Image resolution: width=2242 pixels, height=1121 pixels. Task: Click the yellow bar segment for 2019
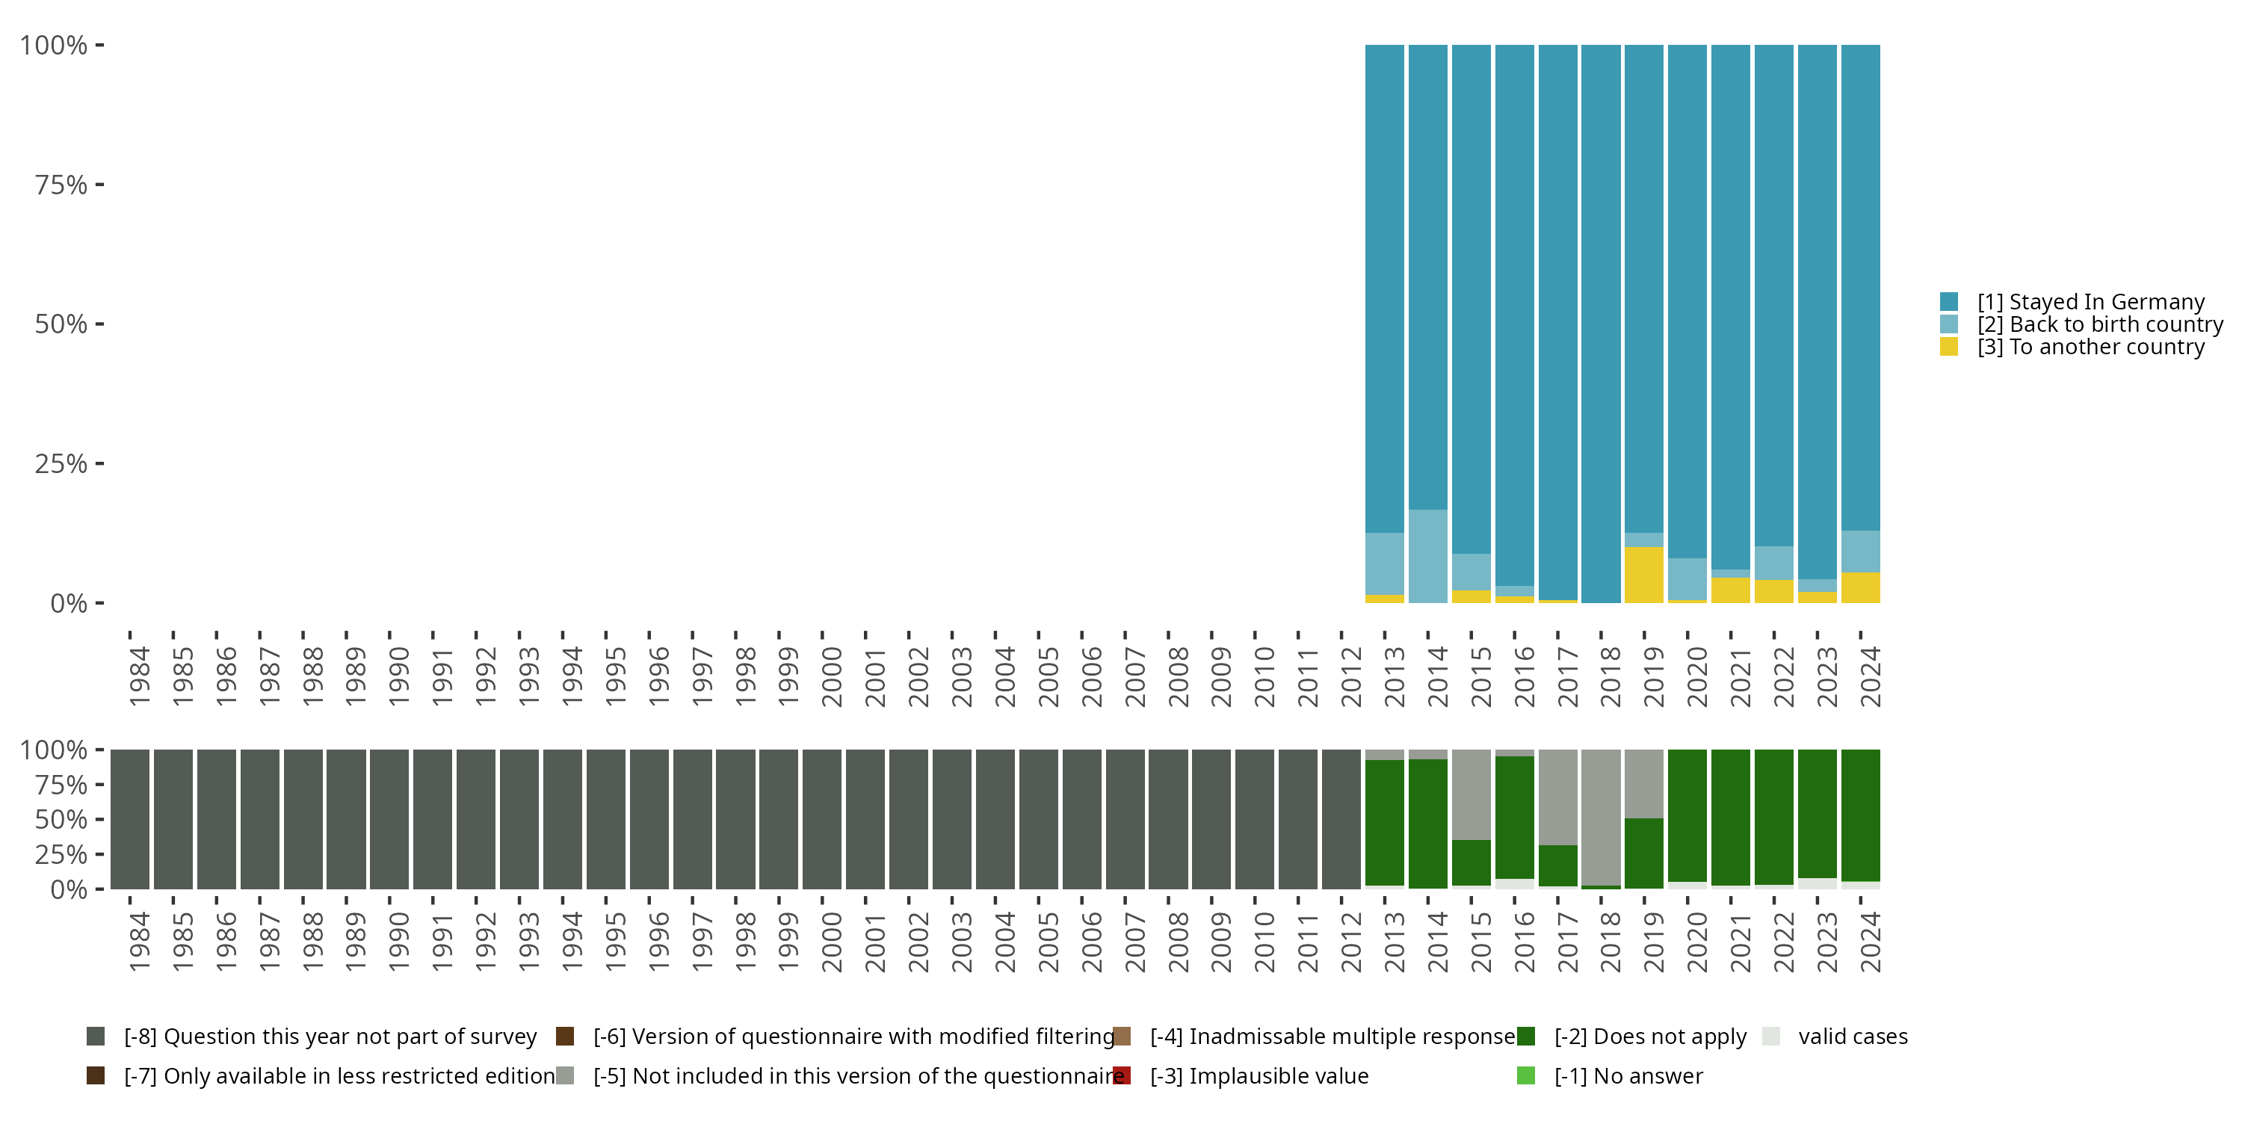pos(1643,575)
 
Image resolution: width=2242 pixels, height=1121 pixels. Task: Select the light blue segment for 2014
pos(1427,556)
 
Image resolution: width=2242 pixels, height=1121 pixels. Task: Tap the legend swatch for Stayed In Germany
pos(1950,302)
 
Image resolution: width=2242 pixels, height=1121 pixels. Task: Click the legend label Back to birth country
pos(2099,324)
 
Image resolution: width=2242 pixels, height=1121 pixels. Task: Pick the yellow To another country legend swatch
pos(1950,348)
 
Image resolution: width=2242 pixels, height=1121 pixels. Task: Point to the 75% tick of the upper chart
pos(61,185)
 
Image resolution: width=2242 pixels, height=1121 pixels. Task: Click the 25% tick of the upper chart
pos(61,464)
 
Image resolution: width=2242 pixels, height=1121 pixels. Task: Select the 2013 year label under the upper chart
pos(1395,677)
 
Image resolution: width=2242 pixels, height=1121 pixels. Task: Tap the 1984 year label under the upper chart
pos(139,677)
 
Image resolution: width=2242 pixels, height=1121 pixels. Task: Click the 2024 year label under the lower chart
pos(1871,942)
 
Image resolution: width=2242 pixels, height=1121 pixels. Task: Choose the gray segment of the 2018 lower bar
pos(1601,816)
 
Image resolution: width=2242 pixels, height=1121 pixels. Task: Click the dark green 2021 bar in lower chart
pos(1730,816)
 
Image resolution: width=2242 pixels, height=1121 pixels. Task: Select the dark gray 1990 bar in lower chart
pos(389,819)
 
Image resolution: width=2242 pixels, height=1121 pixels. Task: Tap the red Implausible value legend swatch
pos(1122,1075)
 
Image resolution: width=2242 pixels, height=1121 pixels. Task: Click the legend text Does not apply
pos(1650,1037)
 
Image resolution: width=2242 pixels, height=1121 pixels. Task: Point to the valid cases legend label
pos(1853,1037)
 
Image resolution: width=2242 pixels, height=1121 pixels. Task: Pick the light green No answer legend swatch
pos(1526,1075)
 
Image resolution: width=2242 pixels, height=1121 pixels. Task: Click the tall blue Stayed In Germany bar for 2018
pos(1601,322)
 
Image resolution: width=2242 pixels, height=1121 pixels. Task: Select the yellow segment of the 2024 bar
pos(1860,587)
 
